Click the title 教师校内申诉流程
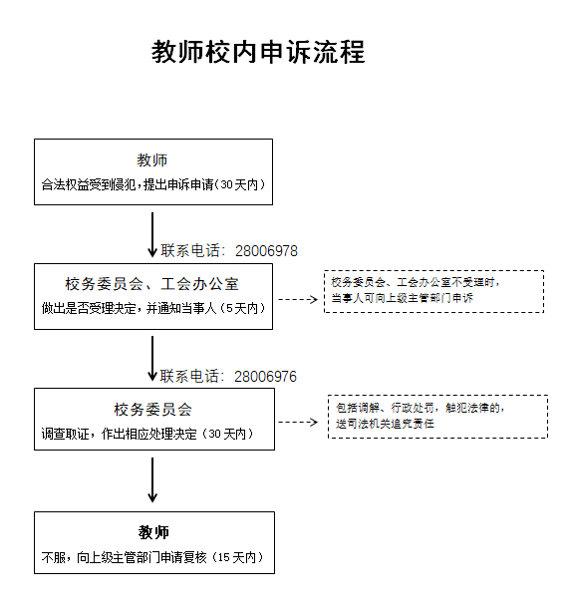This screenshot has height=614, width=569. point(258,52)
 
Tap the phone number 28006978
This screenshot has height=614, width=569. point(267,251)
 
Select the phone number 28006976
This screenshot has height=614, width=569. point(265,377)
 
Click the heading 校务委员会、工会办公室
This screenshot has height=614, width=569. point(151,284)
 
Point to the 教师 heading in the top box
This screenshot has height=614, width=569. point(152,160)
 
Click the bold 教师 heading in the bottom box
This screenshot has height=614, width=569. point(153,532)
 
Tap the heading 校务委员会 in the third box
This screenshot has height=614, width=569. point(153,410)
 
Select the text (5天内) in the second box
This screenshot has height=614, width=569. point(242,308)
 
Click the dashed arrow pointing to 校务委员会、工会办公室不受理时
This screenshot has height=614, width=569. point(298,300)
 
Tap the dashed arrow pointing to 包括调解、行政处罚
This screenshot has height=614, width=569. point(298,423)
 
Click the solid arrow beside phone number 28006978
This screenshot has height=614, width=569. point(152,235)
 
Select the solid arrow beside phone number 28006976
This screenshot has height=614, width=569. point(152,359)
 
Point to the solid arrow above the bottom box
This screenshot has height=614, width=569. point(152,480)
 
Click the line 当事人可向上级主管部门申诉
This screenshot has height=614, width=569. point(403,298)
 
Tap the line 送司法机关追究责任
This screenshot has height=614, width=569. point(385,424)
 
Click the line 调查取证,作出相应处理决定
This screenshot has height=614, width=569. point(119,434)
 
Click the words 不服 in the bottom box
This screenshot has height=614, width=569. point(53,557)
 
